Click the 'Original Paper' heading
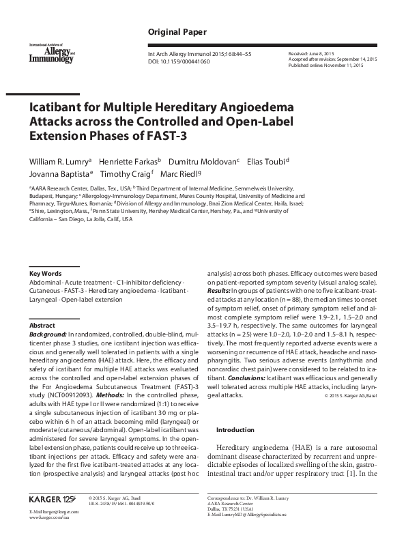(x=177, y=32)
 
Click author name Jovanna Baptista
(x=57, y=174)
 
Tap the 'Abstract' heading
(x=42, y=326)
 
